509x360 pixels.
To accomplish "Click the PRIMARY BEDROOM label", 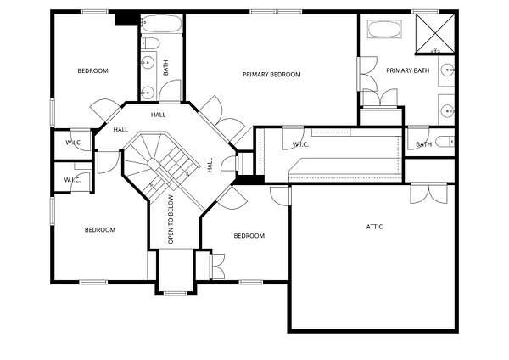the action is (271, 75).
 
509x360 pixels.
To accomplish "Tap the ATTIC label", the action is (374, 227).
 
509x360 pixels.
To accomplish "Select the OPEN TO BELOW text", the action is (171, 219).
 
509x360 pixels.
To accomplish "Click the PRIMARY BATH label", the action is (408, 70).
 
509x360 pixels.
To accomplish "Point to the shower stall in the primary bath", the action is (435, 33).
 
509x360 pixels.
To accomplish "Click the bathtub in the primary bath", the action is (384, 29).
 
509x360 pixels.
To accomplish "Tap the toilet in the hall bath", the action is (150, 43).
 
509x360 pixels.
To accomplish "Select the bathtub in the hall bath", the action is (162, 23).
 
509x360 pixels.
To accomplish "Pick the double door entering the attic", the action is (428, 194).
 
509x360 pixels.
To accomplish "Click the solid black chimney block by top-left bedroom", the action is (127, 19).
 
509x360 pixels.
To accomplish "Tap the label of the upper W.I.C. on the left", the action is (74, 143).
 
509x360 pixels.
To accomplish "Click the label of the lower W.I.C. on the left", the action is (72, 180).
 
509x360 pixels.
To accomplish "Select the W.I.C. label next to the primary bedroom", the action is (300, 144).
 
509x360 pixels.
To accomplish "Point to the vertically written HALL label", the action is (210, 165).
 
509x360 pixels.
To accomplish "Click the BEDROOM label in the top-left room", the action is (92, 70).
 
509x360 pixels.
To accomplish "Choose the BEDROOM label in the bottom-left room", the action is (100, 230).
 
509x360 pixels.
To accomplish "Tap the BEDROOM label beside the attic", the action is (249, 235).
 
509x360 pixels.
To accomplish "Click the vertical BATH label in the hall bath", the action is (166, 68).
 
